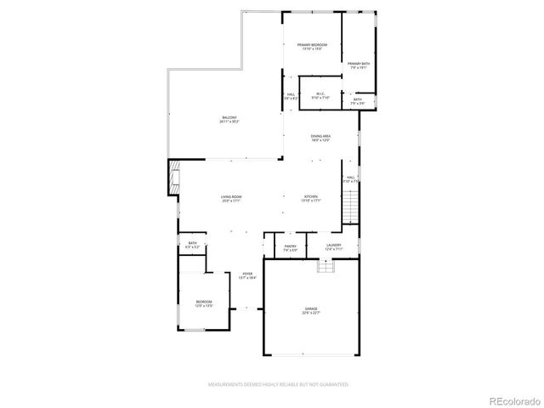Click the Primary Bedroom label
click(x=312, y=47)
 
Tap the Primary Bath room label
click(x=358, y=65)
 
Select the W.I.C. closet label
click(x=320, y=95)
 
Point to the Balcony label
click(x=229, y=119)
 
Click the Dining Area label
click(x=320, y=138)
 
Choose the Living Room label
click(x=231, y=198)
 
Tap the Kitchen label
click(x=311, y=198)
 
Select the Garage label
click(x=310, y=311)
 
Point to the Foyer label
click(x=246, y=275)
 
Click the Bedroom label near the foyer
click(x=204, y=303)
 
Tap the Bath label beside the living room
click(x=193, y=246)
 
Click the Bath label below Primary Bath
click(x=358, y=102)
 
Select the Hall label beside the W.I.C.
click(x=291, y=95)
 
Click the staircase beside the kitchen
click(x=350, y=206)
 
